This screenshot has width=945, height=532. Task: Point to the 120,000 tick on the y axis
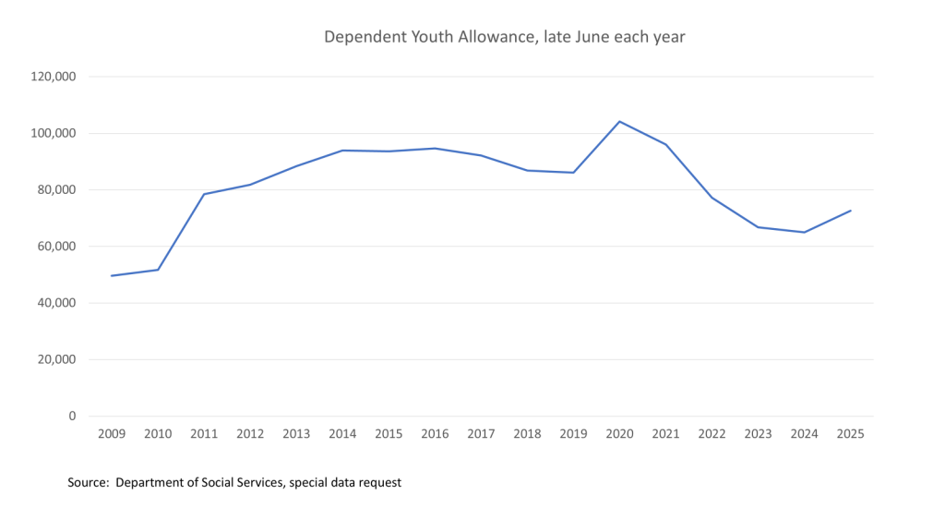tap(54, 77)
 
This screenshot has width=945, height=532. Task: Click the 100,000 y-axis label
tap(54, 133)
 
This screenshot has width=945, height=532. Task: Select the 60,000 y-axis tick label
tap(57, 247)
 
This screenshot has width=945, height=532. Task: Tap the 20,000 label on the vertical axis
tap(57, 359)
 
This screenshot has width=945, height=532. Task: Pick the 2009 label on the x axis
tap(111, 434)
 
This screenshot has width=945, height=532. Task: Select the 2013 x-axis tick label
tap(296, 434)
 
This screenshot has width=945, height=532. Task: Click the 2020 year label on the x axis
tap(620, 434)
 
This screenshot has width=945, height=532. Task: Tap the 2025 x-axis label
tap(851, 434)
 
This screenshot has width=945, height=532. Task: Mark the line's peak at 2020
tap(620, 121)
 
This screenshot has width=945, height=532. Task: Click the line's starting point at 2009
tap(111, 275)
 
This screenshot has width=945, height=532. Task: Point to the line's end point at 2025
tap(851, 211)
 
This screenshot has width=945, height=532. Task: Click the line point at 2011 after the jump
tap(203, 194)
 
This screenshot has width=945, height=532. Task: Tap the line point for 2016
tap(435, 148)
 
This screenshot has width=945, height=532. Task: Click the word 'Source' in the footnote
tap(88, 483)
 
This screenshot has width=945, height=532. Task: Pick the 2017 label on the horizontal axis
tap(481, 434)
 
